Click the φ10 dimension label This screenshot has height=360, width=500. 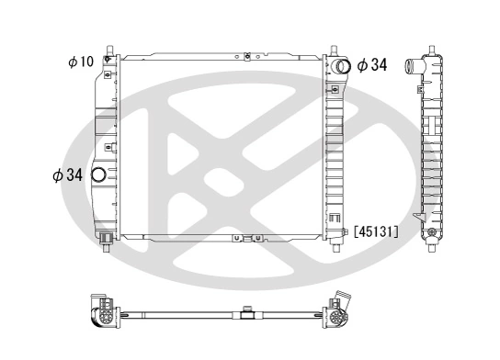point(81,62)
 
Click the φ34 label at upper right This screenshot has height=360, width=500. point(372,64)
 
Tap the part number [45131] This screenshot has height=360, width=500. point(376,231)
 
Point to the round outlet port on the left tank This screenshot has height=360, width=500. point(99,174)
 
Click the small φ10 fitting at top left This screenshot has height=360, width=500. point(108,61)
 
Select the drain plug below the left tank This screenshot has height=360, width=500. point(108,241)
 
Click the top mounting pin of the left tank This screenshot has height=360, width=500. point(109,48)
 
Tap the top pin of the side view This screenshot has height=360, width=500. point(431,46)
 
